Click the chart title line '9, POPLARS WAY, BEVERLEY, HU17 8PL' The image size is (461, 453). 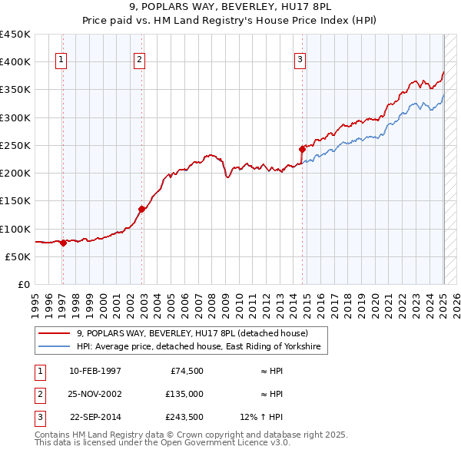pos(230,7)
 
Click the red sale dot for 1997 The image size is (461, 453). pos(64,243)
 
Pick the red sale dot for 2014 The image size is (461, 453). pos(302,149)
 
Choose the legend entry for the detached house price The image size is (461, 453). pos(192,333)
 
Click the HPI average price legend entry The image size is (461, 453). pos(201,347)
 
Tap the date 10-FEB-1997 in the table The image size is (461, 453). pos(95,371)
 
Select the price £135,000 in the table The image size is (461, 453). pos(186,394)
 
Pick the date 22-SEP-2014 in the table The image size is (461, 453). pos(95,417)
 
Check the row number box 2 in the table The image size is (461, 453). pos(38,394)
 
